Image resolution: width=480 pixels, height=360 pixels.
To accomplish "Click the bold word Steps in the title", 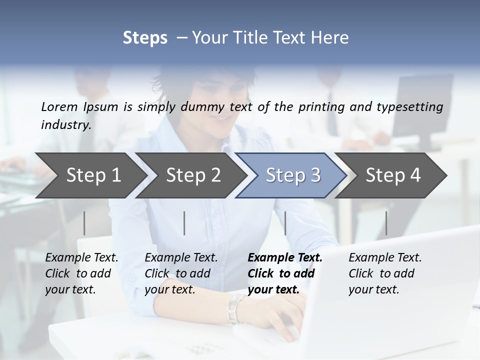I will coord(145,37).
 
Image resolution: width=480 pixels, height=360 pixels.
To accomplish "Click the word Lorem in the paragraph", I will coord(60,106).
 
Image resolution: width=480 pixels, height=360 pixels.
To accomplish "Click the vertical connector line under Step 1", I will coord(84,223).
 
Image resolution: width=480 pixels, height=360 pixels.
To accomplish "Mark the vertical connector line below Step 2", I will coord(184,223).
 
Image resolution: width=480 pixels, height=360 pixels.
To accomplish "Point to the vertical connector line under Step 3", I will coord(285,223).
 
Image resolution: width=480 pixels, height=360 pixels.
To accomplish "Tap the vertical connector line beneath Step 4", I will coord(386,223).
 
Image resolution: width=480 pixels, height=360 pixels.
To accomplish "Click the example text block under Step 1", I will coord(81,273).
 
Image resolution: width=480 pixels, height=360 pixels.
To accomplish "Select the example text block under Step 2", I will coord(181,273).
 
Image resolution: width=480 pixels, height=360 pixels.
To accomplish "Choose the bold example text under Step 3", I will coord(285,273).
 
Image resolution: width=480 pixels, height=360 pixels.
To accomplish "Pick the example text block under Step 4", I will coord(385,273).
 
